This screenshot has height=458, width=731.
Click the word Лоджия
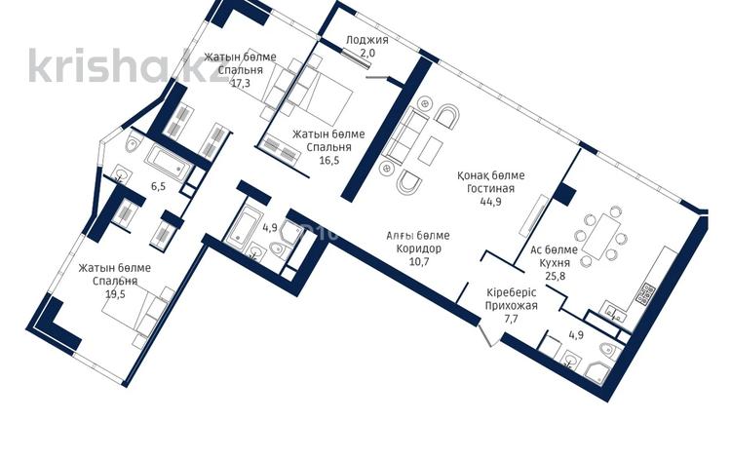pyautogui.click(x=366, y=40)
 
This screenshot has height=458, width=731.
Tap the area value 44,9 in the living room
pyautogui.click(x=490, y=202)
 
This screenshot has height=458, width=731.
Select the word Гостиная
pyautogui.click(x=490, y=188)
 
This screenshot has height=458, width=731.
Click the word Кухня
pyautogui.click(x=555, y=263)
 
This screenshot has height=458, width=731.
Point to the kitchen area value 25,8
pyautogui.click(x=555, y=276)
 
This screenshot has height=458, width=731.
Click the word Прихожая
pyautogui.click(x=511, y=306)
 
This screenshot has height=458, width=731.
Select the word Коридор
pyautogui.click(x=418, y=248)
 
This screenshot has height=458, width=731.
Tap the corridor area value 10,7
pyautogui.click(x=418, y=261)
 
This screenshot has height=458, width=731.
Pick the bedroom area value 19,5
pyautogui.click(x=115, y=293)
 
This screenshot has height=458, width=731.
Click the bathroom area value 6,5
pyautogui.click(x=158, y=186)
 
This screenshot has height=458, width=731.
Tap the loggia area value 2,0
pyautogui.click(x=366, y=53)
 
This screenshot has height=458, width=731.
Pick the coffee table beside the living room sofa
pyautogui.click(x=430, y=149)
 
